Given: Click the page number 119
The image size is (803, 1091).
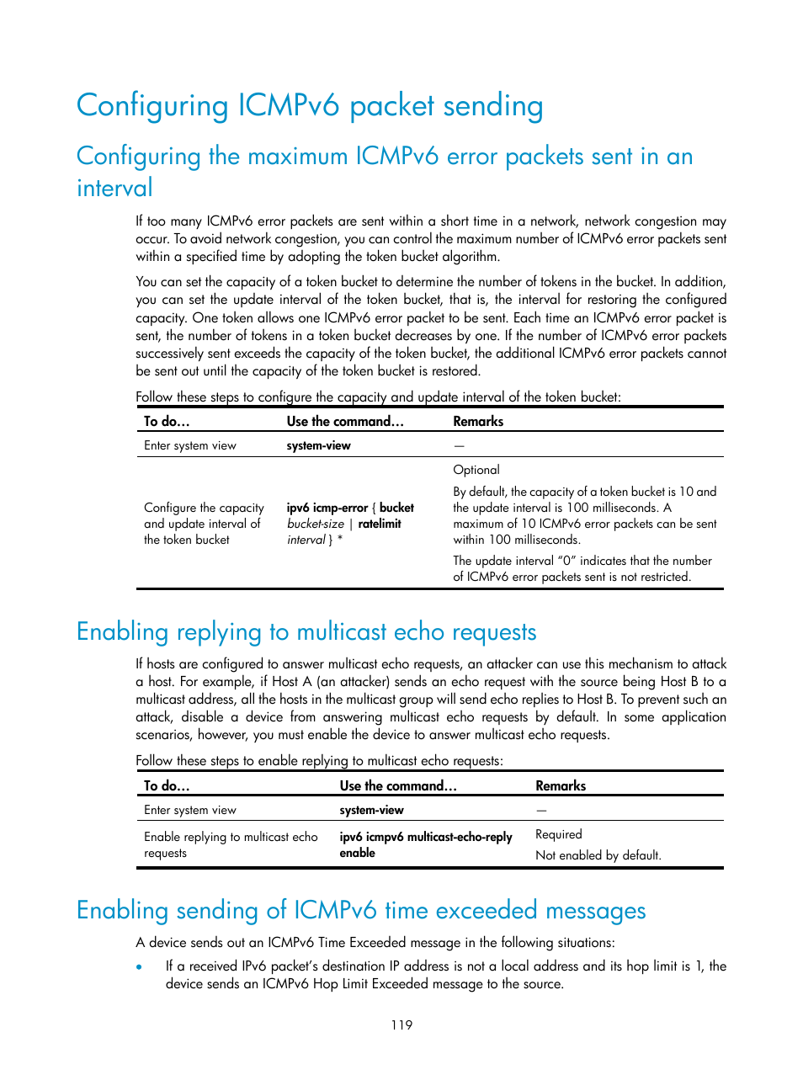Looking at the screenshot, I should tap(401, 1024).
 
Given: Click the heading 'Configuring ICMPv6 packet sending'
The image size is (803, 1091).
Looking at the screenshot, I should tap(310, 106).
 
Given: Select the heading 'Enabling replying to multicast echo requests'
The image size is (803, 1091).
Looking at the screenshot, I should tap(306, 632).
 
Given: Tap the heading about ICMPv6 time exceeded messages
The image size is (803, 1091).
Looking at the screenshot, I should tap(361, 911).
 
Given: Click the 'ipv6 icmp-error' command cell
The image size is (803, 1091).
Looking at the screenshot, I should tap(350, 524).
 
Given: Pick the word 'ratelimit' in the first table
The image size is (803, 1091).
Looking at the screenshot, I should tap(380, 524).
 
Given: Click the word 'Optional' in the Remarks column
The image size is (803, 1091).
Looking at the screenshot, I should tap(476, 470).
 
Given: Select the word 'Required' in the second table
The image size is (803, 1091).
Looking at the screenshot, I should tap(559, 834).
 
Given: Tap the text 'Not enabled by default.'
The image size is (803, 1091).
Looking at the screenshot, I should tap(598, 855).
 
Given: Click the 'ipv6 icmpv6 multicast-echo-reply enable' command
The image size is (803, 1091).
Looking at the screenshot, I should tap(425, 844).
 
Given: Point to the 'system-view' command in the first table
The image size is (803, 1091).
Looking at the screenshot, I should tap(318, 445).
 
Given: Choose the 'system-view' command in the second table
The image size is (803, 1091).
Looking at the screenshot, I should tap(371, 810).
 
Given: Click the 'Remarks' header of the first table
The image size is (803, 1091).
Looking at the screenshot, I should tap(478, 421).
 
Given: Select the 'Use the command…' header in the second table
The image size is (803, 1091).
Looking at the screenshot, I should tap(398, 785).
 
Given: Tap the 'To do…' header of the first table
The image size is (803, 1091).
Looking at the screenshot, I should tap(167, 421).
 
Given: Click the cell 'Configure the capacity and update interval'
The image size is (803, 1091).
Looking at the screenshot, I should tap(204, 524).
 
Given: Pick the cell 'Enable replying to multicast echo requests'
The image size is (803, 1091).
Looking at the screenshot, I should tap(231, 844).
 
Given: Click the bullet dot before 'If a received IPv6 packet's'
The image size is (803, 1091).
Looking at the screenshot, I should tap(140, 967).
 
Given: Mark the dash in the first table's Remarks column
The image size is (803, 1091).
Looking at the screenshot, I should tap(459, 445).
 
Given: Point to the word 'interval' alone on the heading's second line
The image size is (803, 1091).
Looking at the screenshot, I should tap(115, 188).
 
